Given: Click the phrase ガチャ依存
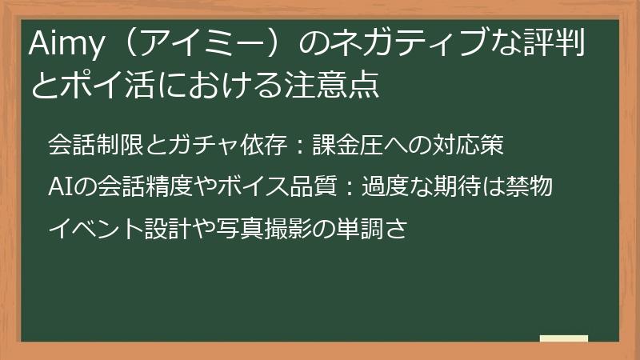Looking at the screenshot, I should pyautogui.click(x=221, y=147).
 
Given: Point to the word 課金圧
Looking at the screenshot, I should pyautogui.click(x=343, y=147).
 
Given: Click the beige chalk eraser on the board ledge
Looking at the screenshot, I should pyautogui.click(x=564, y=338).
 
